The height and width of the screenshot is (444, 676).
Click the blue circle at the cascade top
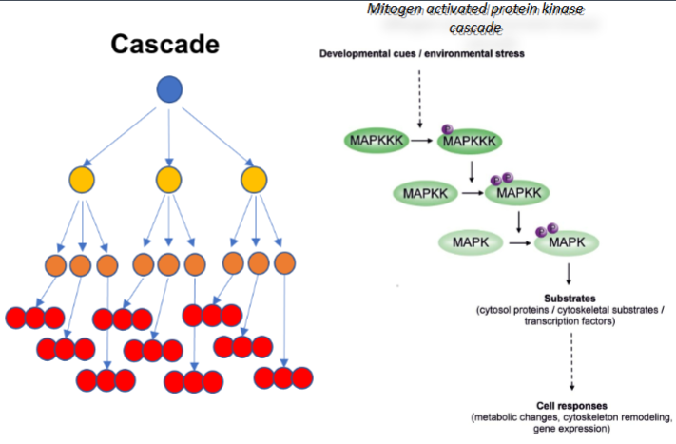(168, 91)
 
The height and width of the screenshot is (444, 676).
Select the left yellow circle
(83, 178)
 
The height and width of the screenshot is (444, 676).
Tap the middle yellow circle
(168, 178)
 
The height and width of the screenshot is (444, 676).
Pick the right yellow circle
(252, 178)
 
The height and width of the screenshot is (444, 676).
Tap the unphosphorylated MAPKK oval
(424, 194)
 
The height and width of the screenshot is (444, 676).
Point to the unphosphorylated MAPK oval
(472, 244)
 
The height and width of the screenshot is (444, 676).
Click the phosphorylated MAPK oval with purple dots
(568, 244)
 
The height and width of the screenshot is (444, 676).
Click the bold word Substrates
(569, 298)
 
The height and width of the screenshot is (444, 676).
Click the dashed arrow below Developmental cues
(419, 94)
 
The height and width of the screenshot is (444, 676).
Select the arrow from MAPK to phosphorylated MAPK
(518, 244)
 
